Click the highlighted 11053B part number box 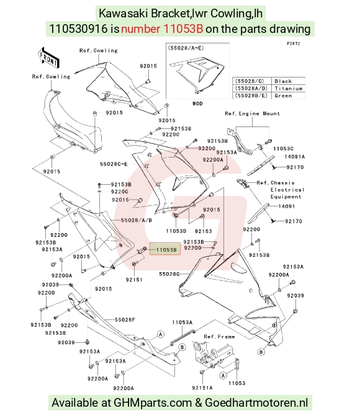[165, 249]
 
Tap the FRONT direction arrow [48, 58]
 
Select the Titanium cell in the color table [288, 89]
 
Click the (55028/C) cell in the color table [251, 81]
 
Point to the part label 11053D [176, 231]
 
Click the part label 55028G [169, 274]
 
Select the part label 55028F [125, 320]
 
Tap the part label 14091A [294, 156]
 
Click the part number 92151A [202, 388]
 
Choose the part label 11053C [283, 149]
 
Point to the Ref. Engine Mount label [252, 113]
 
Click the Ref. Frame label [219, 337]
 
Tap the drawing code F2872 [294, 43]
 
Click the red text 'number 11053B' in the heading [162, 29]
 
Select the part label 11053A [182, 322]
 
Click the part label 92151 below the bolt [134, 280]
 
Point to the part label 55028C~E [114, 164]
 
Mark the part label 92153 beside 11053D [203, 231]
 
